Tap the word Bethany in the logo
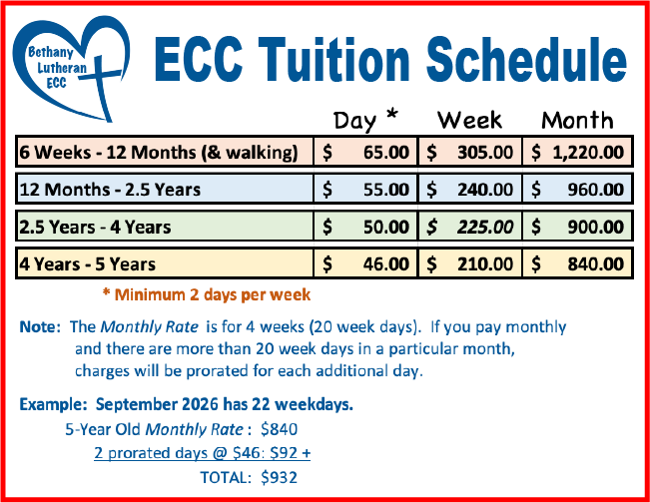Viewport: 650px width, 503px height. (x=51, y=52)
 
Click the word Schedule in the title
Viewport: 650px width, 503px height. (x=526, y=59)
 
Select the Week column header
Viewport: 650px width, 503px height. (x=469, y=121)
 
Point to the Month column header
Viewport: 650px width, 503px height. (x=577, y=121)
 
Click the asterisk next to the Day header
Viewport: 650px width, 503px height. (x=391, y=115)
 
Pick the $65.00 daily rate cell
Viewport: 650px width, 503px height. (x=365, y=152)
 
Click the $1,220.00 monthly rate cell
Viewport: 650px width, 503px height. (x=577, y=152)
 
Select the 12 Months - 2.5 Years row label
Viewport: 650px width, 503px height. (x=110, y=190)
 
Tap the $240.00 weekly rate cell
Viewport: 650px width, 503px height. (x=469, y=190)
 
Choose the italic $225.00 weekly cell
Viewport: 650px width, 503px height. (x=469, y=227)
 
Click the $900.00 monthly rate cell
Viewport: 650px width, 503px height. (x=577, y=227)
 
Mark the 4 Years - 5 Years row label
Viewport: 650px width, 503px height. (x=88, y=264)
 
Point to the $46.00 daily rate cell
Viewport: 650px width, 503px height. (x=365, y=263)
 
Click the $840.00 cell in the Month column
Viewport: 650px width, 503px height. (x=577, y=263)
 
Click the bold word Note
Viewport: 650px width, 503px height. (x=40, y=327)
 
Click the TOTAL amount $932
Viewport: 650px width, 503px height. (x=279, y=478)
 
